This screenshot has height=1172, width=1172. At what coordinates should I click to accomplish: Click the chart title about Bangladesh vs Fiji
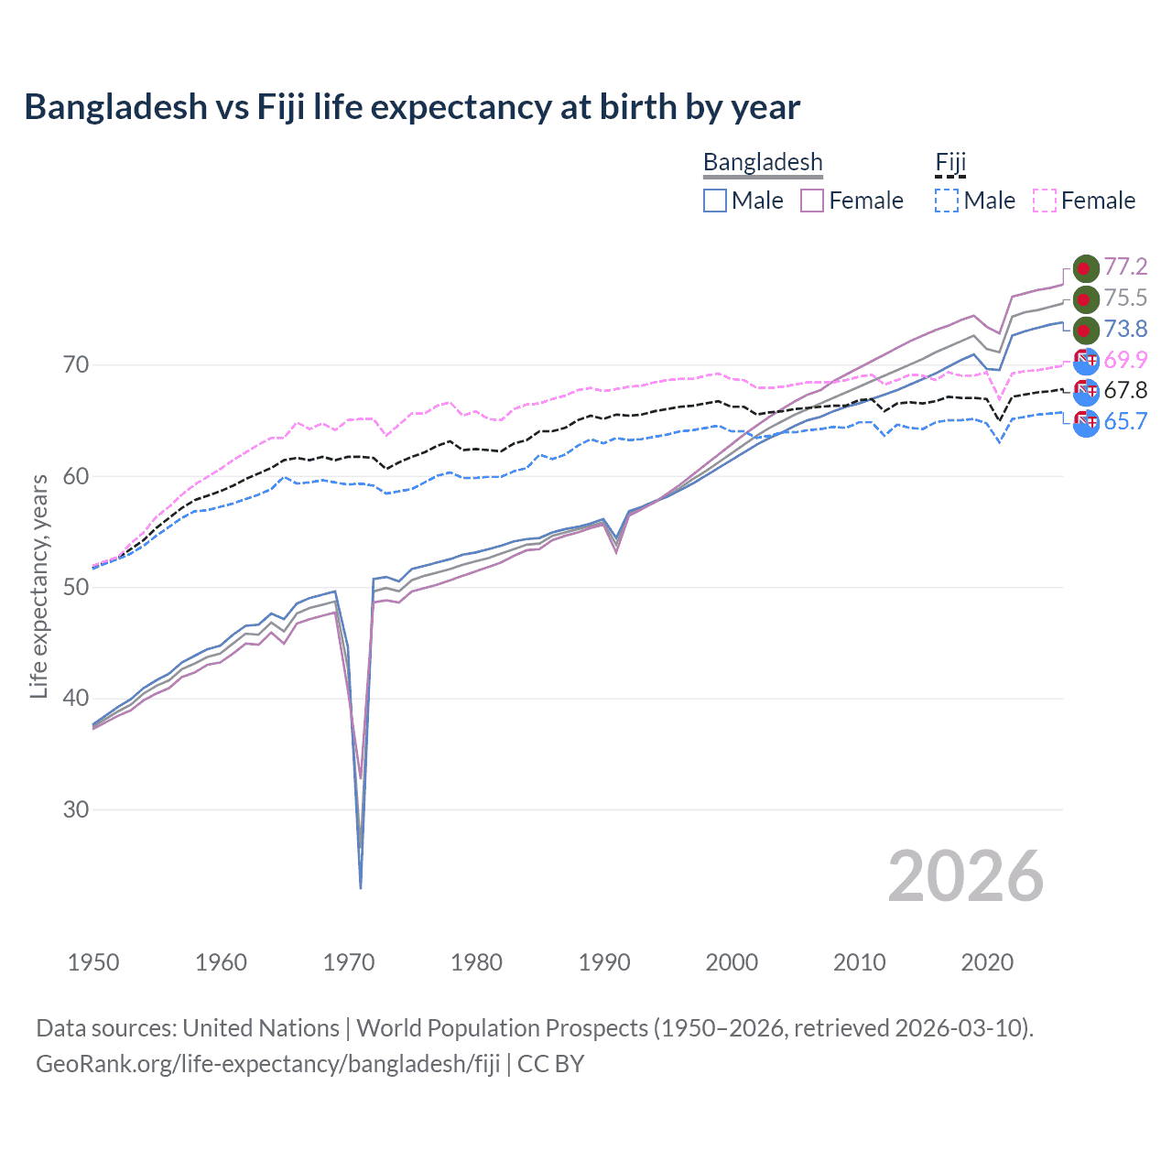tap(412, 107)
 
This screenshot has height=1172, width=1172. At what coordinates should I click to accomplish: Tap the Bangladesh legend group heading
tap(763, 162)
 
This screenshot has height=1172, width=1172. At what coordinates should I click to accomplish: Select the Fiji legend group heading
tap(950, 162)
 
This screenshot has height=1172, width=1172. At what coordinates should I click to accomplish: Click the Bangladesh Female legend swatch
tap(812, 201)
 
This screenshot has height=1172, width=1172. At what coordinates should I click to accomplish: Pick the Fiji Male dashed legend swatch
tap(947, 201)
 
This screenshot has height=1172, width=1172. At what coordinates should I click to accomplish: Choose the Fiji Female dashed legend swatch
tap(1045, 201)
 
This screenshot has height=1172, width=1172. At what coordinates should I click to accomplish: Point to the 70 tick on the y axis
tap(76, 364)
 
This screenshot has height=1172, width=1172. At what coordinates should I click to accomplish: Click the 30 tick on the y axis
tap(76, 809)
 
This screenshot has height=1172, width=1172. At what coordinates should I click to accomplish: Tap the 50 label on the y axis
tap(76, 587)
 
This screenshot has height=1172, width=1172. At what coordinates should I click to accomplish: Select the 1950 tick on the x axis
tap(93, 962)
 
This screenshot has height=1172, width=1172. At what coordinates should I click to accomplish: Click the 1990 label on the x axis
tap(604, 962)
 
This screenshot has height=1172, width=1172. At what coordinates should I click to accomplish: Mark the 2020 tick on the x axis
tap(987, 962)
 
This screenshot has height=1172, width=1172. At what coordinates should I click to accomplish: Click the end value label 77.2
tap(1125, 266)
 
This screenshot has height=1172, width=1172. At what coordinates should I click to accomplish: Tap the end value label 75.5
tap(1125, 298)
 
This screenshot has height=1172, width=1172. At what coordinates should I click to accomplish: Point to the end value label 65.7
tap(1125, 421)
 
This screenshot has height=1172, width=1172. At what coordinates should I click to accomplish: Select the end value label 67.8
tap(1125, 390)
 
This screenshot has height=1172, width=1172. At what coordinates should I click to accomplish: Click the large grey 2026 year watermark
tap(966, 876)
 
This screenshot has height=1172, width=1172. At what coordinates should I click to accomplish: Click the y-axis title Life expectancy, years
tap(38, 586)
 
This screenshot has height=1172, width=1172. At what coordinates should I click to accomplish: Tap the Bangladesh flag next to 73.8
tap(1085, 330)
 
